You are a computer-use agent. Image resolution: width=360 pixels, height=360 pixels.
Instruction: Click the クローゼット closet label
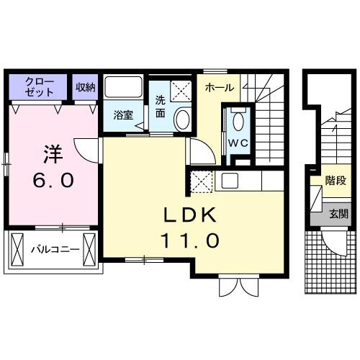(39, 87)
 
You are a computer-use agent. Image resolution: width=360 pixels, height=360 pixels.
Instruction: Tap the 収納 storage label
(86, 87)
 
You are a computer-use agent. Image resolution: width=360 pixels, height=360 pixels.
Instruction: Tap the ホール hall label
(218, 87)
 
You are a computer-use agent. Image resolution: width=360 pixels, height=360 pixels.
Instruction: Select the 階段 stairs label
(336, 181)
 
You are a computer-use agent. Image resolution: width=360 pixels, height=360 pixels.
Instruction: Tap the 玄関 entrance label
(338, 213)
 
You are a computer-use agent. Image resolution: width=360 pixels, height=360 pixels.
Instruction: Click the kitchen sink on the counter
(230, 181)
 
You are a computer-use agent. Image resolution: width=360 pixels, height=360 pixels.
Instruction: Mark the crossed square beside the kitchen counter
(201, 181)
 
